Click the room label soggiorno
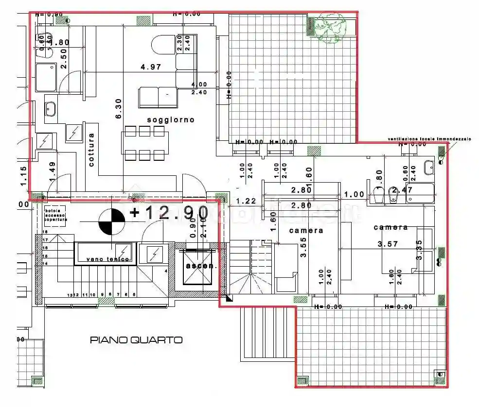pyautogui.click(x=171, y=119)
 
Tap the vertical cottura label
pyautogui.click(x=91, y=150)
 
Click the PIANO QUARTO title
pyautogui.click(x=136, y=340)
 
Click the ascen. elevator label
pyautogui.click(x=197, y=266)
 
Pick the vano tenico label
pyautogui.click(x=108, y=259)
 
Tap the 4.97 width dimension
pyautogui.click(x=151, y=67)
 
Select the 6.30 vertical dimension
pyautogui.click(x=118, y=111)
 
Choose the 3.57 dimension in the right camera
pyautogui.click(x=388, y=244)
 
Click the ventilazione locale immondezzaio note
pyautogui.click(x=429, y=139)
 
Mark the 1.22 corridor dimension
pyautogui.click(x=246, y=201)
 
